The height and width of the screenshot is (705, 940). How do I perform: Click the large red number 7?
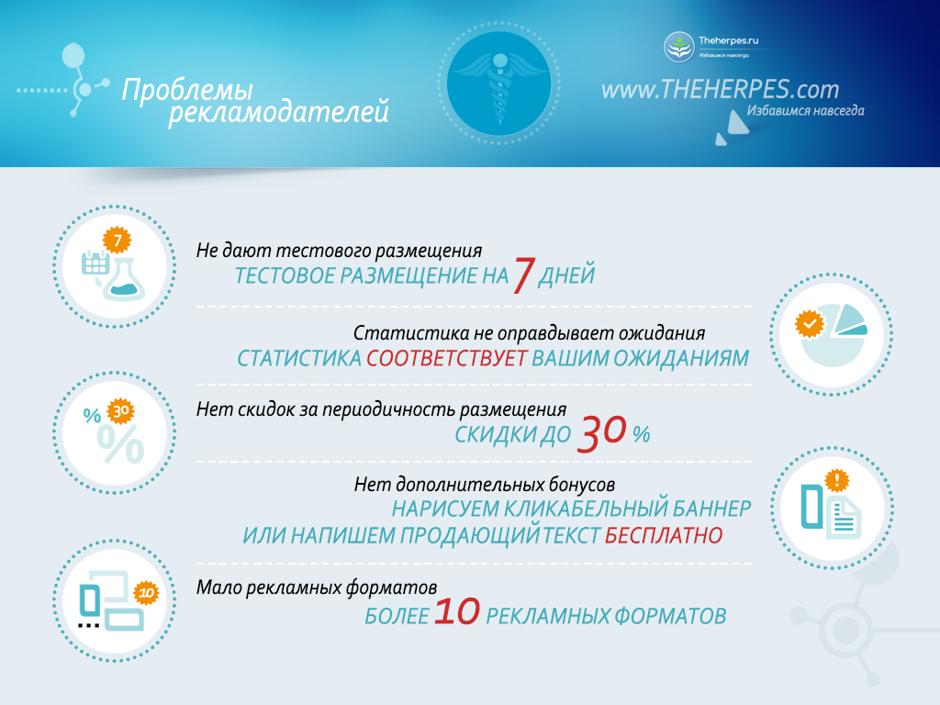(523, 274)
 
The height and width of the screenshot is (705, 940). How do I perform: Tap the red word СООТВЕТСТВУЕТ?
(447, 359)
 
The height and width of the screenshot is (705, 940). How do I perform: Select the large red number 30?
(601, 432)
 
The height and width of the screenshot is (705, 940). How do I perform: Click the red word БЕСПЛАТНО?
(664, 535)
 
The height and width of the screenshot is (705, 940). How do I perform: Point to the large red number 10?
(457, 611)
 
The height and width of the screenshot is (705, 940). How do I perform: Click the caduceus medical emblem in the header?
(498, 84)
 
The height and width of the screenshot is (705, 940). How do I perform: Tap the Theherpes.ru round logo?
(678, 47)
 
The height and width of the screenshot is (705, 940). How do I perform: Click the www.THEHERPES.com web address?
(720, 89)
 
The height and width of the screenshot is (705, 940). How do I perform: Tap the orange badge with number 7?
(117, 241)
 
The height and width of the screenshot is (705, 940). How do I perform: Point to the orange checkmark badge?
(810, 325)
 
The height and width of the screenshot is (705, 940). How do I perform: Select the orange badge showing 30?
(120, 411)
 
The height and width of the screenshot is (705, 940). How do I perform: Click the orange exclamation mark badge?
(836, 480)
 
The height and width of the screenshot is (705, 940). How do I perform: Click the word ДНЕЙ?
(565, 275)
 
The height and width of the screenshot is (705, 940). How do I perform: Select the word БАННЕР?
(711, 509)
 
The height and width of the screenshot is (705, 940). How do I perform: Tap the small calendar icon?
(95, 262)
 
